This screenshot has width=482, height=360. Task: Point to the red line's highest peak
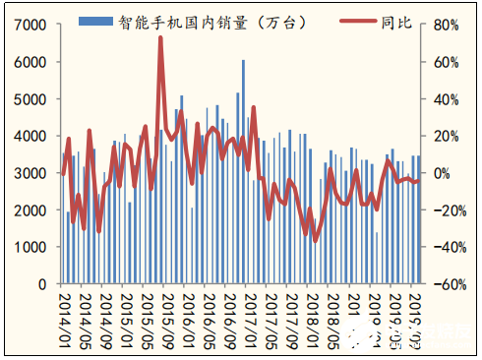point(160,38)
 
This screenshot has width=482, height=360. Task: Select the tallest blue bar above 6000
point(243,61)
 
